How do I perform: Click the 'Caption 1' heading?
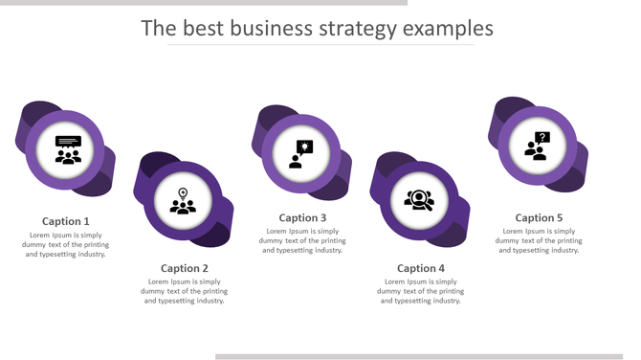[66, 221]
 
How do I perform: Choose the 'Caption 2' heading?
[185, 268]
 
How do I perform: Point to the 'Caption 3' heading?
[302, 217]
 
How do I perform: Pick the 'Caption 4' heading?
[421, 268]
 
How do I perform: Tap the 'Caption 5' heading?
[539, 217]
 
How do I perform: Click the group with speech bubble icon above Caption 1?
[68, 150]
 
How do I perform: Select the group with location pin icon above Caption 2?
[183, 201]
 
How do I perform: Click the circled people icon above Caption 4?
[419, 200]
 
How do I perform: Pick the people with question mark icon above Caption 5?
[537, 146]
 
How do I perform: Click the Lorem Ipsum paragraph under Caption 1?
[66, 244]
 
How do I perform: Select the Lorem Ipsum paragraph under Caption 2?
[185, 291]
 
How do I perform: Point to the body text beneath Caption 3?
[302, 240]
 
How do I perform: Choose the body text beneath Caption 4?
[421, 291]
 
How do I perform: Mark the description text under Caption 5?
[539, 240]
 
